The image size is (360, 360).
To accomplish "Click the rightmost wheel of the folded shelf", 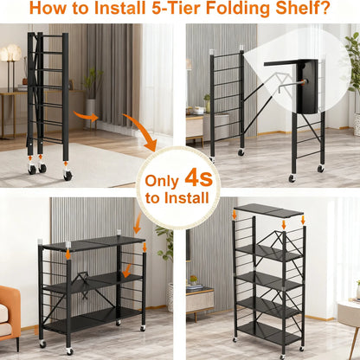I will point(67,174).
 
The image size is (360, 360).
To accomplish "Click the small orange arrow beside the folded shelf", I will point(86,115).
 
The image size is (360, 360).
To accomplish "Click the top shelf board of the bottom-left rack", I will point(93,244).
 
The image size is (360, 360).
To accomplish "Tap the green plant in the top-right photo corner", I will point(354,61).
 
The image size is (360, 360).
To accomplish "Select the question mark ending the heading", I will point(324,11).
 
